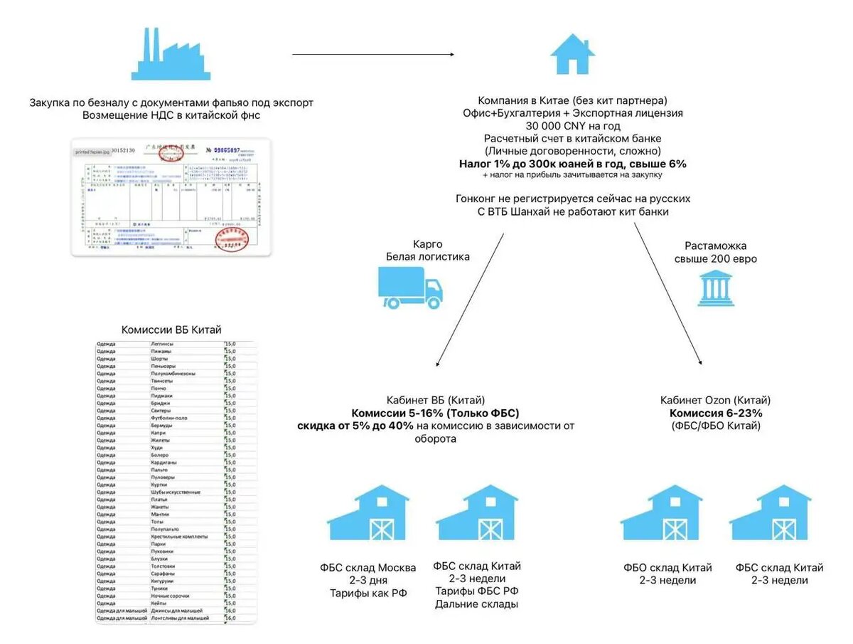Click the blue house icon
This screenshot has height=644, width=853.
(573, 56)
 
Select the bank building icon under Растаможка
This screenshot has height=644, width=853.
(715, 289)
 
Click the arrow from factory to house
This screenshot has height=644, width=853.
(372, 54)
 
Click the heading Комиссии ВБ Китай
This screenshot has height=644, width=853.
(171, 330)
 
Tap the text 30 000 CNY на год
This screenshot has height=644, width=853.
(573, 126)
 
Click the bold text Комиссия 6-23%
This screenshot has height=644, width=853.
(715, 413)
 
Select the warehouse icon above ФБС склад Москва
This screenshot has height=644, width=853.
(368, 513)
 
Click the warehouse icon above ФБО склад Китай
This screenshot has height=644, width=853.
(661, 513)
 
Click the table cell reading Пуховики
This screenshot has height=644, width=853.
(163, 551)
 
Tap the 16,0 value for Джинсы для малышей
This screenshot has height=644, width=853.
(230, 611)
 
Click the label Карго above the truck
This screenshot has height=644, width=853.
(427, 245)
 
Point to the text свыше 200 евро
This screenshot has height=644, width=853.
(715, 259)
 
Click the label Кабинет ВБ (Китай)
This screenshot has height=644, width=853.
(435, 400)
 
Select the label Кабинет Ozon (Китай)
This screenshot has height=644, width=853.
(715, 400)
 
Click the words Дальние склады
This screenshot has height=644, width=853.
(477, 604)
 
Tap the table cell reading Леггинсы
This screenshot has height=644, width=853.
(163, 344)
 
